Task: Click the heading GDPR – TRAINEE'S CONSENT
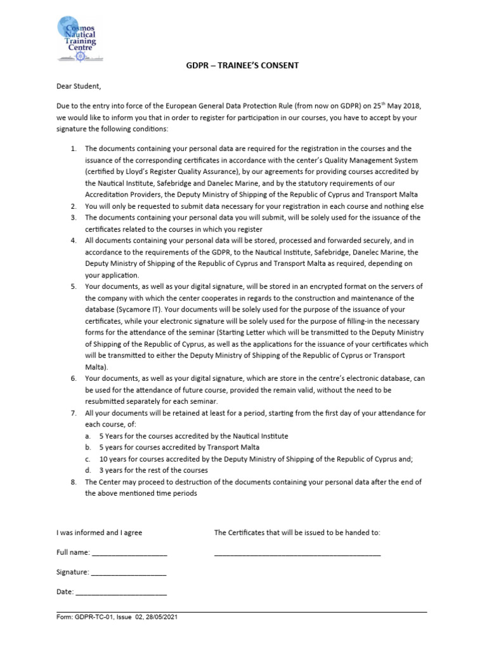(243, 65)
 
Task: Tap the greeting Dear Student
(79, 86)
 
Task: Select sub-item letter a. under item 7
(87, 436)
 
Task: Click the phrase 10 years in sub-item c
(113, 459)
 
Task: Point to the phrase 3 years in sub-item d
(111, 470)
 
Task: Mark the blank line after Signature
(128, 573)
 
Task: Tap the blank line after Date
(120, 593)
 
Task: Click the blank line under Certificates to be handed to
(297, 554)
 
